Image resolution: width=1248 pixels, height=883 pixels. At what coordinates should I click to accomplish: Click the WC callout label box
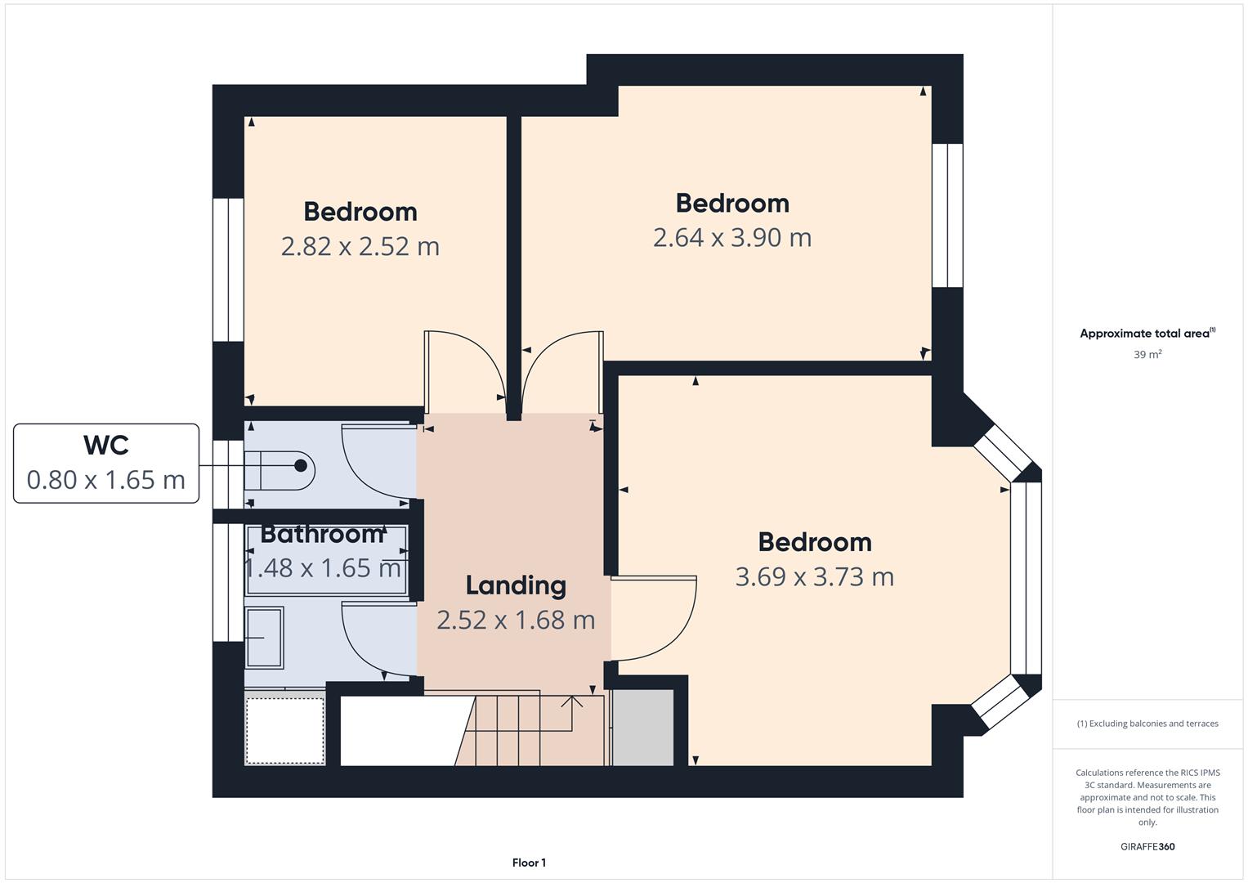pyautogui.click(x=106, y=463)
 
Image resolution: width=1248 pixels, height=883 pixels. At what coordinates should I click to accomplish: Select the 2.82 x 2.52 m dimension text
pyautogui.click(x=360, y=246)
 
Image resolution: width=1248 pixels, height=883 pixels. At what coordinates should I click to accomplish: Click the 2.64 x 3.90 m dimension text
pyautogui.click(x=731, y=238)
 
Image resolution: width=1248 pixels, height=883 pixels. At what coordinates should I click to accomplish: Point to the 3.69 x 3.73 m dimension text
pyautogui.click(x=814, y=577)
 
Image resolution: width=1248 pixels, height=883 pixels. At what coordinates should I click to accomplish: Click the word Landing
pyautogui.click(x=516, y=585)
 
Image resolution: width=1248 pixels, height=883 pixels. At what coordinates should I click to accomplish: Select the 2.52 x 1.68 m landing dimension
pyautogui.click(x=516, y=621)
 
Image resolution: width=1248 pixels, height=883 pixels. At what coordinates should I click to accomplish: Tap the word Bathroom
pyautogui.click(x=322, y=534)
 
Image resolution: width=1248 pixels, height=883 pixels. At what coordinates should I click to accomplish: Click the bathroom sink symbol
pyautogui.click(x=264, y=638)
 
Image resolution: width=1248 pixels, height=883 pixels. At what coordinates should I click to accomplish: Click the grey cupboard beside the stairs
pyautogui.click(x=643, y=728)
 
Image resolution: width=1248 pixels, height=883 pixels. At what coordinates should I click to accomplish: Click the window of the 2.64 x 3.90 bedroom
pyautogui.click(x=947, y=216)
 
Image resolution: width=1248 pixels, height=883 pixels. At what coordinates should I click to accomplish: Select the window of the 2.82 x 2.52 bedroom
pyautogui.click(x=228, y=270)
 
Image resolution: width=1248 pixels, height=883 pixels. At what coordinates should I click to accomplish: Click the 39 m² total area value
pyautogui.click(x=1147, y=355)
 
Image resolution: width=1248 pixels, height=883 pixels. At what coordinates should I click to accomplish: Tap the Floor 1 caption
pyautogui.click(x=529, y=863)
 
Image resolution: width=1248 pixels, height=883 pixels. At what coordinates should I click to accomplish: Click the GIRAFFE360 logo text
pyautogui.click(x=1147, y=847)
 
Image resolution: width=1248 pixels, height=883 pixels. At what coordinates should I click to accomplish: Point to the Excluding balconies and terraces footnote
pyautogui.click(x=1147, y=724)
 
